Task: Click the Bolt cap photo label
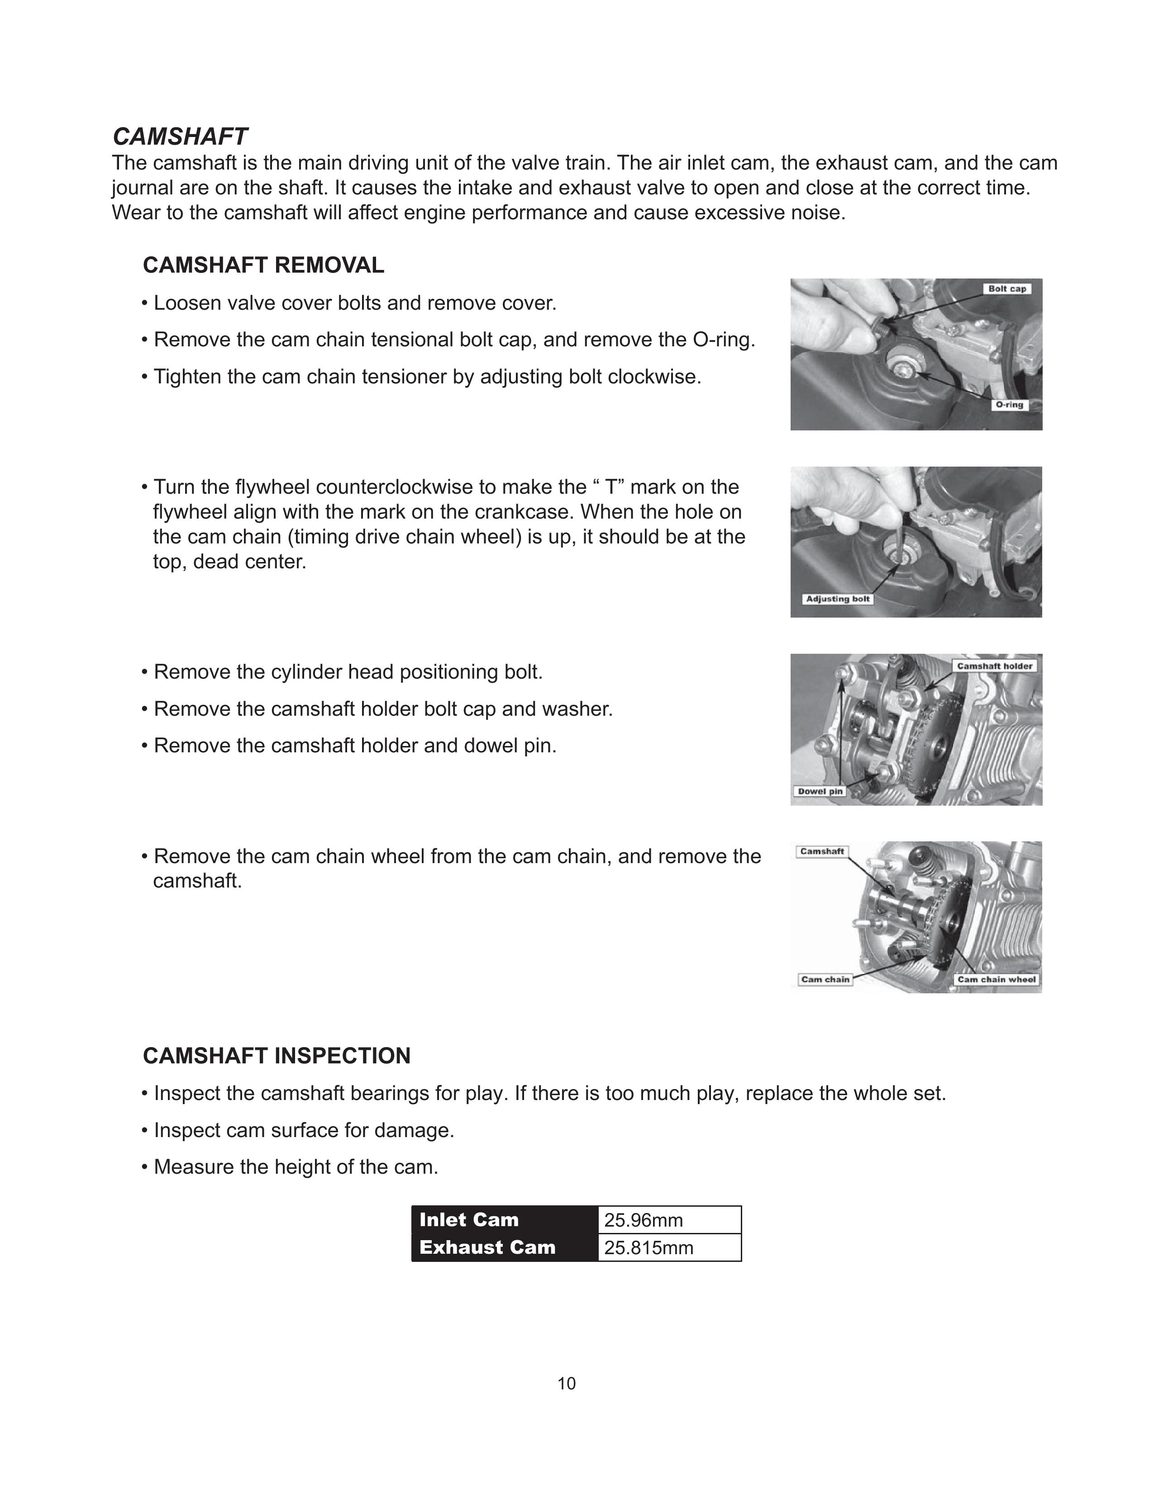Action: pos(1007,289)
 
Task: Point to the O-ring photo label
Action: pos(1009,405)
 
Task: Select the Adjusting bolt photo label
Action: pos(838,599)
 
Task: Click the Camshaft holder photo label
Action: pos(994,666)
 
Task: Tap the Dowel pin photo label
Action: pos(820,791)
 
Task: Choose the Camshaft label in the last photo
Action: pos(822,851)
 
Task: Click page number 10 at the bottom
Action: pos(567,1383)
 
